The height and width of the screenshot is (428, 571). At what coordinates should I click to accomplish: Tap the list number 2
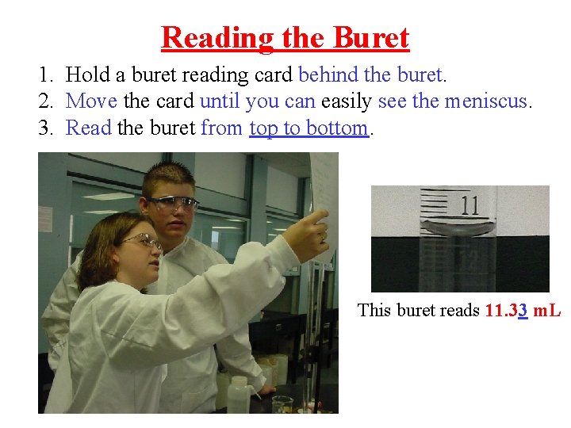(46, 101)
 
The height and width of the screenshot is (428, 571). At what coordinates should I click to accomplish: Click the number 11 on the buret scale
(469, 205)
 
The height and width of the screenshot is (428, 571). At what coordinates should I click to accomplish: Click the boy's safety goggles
(174, 204)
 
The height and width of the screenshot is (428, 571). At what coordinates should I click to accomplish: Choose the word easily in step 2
(347, 101)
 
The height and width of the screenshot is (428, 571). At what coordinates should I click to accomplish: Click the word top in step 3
(263, 128)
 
